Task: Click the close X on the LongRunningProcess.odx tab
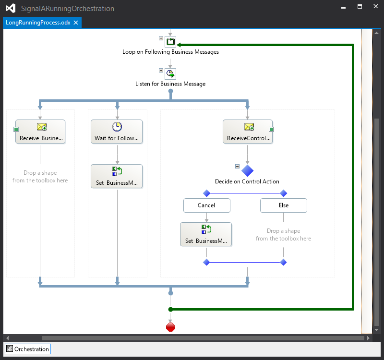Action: click(x=76, y=23)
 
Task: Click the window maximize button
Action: click(x=360, y=7)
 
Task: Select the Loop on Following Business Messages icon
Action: click(x=170, y=42)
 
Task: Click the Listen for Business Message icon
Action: click(x=170, y=74)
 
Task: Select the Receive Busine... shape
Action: click(x=40, y=132)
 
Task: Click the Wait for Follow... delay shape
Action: click(x=117, y=132)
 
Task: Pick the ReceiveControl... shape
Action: click(x=248, y=132)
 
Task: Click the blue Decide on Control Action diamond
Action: click(x=247, y=170)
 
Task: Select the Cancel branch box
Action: click(x=207, y=205)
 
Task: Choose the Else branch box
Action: click(x=284, y=205)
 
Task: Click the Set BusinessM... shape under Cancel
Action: click(x=206, y=234)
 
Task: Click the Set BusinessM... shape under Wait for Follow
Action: click(x=117, y=176)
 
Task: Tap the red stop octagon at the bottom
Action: click(x=170, y=327)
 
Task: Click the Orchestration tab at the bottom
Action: click(x=28, y=349)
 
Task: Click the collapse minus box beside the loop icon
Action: click(x=161, y=38)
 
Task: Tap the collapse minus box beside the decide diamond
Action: click(x=237, y=166)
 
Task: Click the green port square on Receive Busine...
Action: click(x=16, y=129)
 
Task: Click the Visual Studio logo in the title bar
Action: click(x=11, y=8)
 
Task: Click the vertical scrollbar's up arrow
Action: click(x=377, y=33)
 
